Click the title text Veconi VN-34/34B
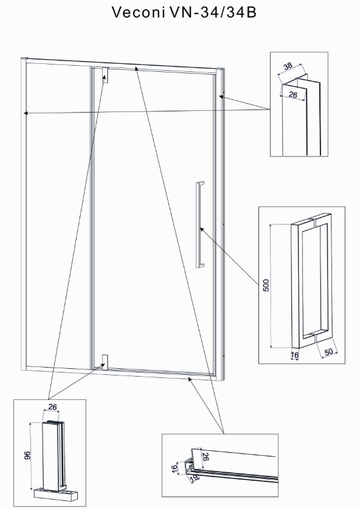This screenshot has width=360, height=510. click(184, 12)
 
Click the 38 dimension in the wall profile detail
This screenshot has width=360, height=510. click(288, 66)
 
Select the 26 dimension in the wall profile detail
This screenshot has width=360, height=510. click(292, 95)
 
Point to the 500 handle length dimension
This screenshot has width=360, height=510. click(266, 285)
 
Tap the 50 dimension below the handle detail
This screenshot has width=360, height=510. click(328, 352)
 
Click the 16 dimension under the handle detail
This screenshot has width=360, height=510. click(295, 355)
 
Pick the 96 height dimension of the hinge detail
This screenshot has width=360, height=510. click(27, 455)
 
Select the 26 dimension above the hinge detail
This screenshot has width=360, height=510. click(52, 407)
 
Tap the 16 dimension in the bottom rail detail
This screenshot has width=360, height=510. click(175, 469)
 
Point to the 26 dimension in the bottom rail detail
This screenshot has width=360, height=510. click(206, 456)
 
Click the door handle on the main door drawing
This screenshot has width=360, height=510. click(200, 225)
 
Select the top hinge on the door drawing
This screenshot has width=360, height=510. click(105, 75)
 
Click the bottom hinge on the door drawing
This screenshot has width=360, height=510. click(105, 363)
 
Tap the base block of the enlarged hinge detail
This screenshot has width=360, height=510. click(55, 494)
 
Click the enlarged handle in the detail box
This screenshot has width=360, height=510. click(311, 281)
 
